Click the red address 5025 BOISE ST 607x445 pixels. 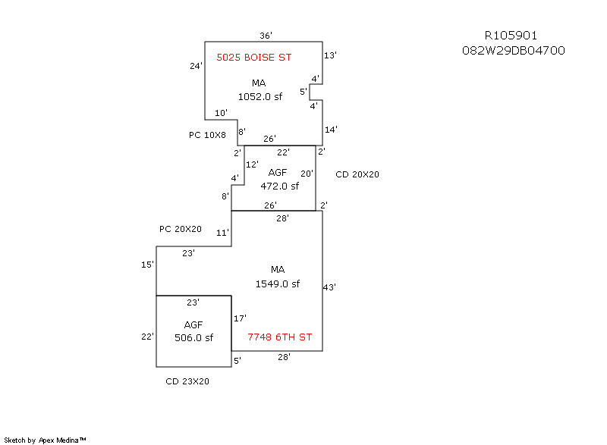pyautogui.click(x=254, y=58)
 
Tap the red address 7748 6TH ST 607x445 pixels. pyautogui.click(x=280, y=337)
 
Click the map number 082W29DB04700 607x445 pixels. pyautogui.click(x=513, y=51)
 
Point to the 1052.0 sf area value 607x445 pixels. pyautogui.click(x=259, y=96)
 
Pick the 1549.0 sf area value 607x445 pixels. pyautogui.click(x=278, y=284)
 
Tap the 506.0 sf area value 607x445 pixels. pyautogui.click(x=193, y=338)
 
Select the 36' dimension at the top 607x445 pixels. pyautogui.click(x=266, y=36)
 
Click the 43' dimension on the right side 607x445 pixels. pyautogui.click(x=329, y=287)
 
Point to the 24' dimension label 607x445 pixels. pyautogui.click(x=196, y=66)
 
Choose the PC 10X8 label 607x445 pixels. pyautogui.click(x=207, y=135)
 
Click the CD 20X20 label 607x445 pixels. pyautogui.click(x=357, y=174)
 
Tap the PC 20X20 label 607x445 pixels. pyautogui.click(x=181, y=229)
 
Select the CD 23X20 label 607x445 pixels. pyautogui.click(x=187, y=381)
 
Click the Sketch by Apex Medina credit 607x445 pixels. pyautogui.click(x=46, y=440)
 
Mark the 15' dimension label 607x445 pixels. pyautogui.click(x=147, y=265)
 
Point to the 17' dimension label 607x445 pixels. pyautogui.click(x=240, y=318)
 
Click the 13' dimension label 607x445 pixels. pyautogui.click(x=330, y=55)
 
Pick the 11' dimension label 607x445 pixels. pyautogui.click(x=222, y=233)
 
